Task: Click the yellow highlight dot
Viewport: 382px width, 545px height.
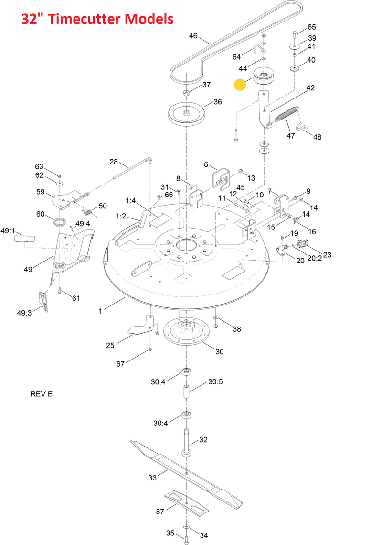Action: (239, 85)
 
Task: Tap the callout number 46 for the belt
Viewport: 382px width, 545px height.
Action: (193, 36)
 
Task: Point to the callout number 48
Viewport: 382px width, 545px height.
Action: (317, 137)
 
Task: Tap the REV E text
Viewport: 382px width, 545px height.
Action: (42, 394)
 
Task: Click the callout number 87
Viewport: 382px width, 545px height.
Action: (160, 512)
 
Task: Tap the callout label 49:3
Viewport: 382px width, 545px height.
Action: (24, 313)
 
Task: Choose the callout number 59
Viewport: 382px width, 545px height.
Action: (41, 192)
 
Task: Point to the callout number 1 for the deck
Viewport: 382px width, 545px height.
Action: (101, 311)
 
